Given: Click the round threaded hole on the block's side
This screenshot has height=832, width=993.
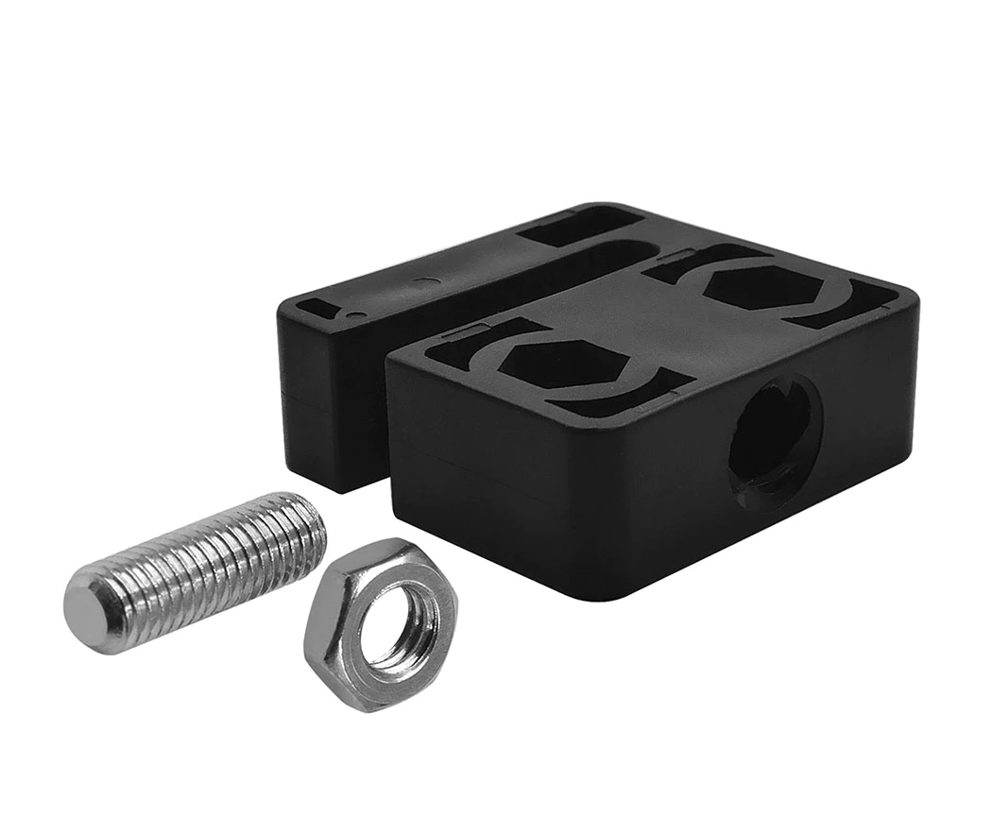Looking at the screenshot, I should coord(774,441).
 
